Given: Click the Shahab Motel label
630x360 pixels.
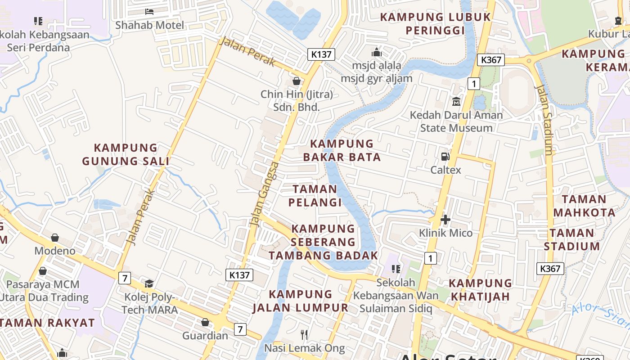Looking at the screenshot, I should coord(149,25).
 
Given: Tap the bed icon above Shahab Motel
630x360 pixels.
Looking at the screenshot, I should coord(149,11).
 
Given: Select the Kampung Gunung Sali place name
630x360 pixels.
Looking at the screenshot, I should coord(126,154).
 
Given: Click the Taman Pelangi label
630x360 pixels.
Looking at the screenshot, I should coord(315,196).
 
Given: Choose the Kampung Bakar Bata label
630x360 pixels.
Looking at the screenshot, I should coord(342,150).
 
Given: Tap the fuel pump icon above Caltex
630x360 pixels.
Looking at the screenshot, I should coord(445,157).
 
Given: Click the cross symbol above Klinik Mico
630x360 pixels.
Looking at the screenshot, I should coord(445,220).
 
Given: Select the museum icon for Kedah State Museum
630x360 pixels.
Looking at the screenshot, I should coord(456,101).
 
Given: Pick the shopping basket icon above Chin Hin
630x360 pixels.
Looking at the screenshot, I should coord(297,81).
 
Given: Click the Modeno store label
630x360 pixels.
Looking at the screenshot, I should coord(55,251).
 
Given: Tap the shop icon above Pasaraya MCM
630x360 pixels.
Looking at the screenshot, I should coord(43,271).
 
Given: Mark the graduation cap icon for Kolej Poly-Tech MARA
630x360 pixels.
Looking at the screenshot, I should coord(149,283).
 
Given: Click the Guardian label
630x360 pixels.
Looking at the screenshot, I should coord(205,336).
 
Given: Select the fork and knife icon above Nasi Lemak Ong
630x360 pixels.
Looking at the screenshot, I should coord(304,334).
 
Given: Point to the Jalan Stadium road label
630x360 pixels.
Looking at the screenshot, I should coord(544,120).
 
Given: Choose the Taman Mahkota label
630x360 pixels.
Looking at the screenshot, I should coord(584,206).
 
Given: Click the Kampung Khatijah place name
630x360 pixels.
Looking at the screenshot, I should coord(480,290).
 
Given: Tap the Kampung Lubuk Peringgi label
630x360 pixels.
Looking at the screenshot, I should coord(435,24).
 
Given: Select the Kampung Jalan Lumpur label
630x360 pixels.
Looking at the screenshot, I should coord(300,301).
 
